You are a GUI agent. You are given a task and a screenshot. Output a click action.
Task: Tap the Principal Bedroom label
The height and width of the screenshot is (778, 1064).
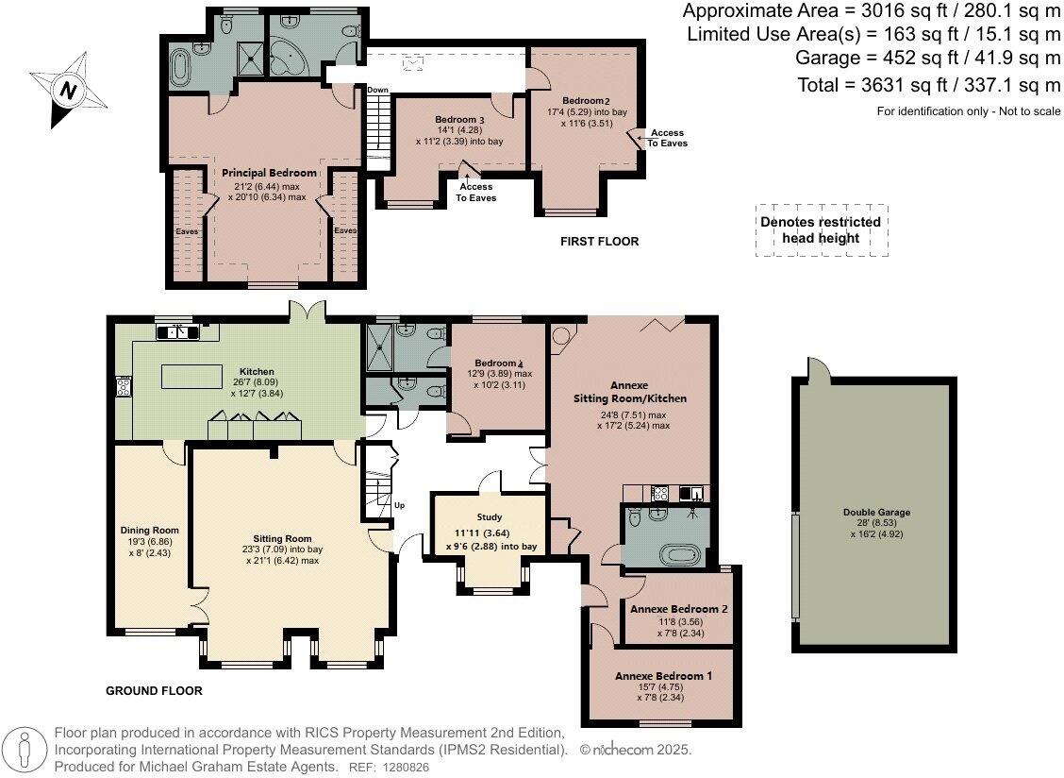tap(269, 173)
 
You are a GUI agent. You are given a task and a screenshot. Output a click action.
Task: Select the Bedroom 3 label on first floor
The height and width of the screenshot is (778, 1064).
tap(459, 120)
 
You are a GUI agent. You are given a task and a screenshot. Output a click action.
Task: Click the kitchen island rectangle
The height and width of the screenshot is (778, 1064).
tap(196, 377)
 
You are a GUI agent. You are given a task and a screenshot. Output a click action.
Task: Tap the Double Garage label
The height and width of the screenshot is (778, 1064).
tap(876, 513)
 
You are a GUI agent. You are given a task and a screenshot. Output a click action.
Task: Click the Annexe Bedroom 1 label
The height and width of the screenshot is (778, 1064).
tap(664, 677)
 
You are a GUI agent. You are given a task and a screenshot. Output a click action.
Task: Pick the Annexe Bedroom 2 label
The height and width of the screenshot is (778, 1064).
tap(679, 609)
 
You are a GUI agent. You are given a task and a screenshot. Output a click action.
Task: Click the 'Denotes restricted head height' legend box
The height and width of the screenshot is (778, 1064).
tap(820, 229)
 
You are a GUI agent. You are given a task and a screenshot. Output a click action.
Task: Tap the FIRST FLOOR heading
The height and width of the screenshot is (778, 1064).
tap(599, 242)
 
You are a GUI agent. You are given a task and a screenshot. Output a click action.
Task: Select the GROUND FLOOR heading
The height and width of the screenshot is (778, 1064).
tap(154, 690)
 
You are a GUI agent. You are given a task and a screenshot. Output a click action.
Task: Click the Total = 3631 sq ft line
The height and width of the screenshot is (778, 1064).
tap(928, 86)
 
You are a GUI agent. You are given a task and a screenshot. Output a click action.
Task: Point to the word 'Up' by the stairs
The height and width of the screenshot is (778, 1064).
tap(399, 506)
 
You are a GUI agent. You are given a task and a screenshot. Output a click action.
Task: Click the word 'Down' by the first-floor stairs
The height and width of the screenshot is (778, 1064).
tap(377, 91)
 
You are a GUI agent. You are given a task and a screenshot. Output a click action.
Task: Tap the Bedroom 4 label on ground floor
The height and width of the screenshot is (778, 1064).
tap(497, 364)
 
